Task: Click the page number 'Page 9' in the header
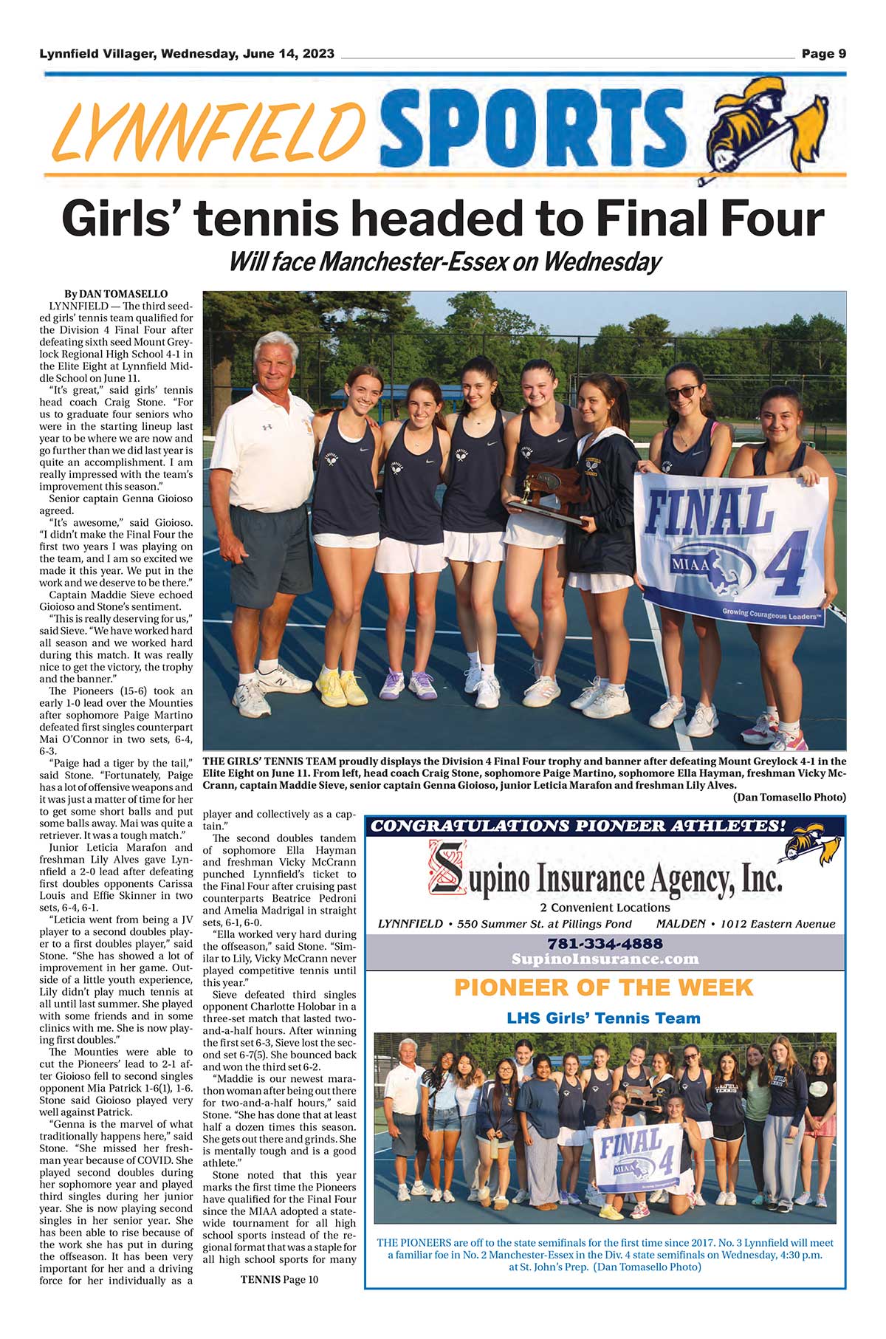click(x=823, y=53)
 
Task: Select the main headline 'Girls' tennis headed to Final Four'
click(x=443, y=219)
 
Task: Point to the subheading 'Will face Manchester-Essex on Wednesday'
click(x=444, y=261)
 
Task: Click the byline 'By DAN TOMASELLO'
click(x=116, y=294)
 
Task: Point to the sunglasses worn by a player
click(x=683, y=391)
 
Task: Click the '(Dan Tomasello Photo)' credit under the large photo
click(x=789, y=798)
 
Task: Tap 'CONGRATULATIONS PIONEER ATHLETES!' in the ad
click(x=578, y=826)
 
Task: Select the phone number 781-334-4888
click(x=605, y=943)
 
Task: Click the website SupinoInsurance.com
click(x=605, y=959)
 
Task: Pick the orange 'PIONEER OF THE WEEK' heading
click(x=603, y=987)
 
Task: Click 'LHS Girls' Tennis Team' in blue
click(x=603, y=1018)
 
